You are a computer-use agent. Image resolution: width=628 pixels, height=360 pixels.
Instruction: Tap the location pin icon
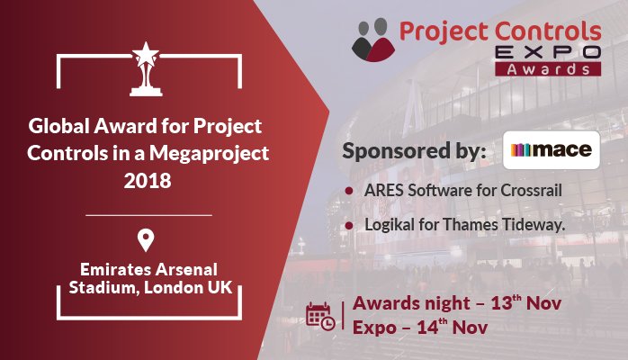click(145, 240)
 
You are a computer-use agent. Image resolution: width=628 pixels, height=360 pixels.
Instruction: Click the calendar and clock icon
click(320, 315)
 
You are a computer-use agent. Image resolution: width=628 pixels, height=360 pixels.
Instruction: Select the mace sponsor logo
click(552, 150)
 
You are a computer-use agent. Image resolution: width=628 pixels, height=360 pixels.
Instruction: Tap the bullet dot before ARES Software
click(348, 192)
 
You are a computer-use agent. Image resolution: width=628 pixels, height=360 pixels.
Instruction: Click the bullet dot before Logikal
click(348, 225)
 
